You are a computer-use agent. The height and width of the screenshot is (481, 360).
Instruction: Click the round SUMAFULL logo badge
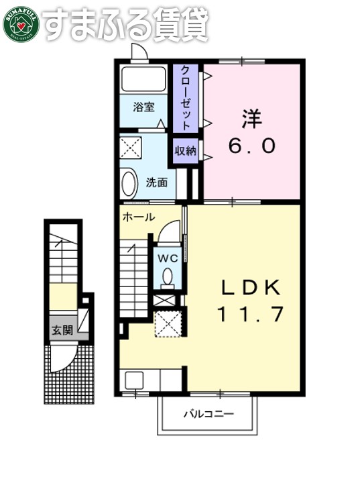tap(20, 23)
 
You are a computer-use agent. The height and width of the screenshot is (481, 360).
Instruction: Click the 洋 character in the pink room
tap(251, 119)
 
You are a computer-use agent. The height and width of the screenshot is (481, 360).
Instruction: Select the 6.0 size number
tap(251, 146)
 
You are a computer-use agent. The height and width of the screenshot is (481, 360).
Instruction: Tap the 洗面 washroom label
tap(156, 182)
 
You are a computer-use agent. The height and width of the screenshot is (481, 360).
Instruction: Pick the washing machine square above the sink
tap(130, 146)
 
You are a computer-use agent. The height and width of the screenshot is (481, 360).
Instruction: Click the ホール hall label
tap(139, 217)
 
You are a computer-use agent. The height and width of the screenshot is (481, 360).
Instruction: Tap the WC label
tap(168, 257)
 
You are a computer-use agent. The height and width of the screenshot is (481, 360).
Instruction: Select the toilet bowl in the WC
tap(168, 276)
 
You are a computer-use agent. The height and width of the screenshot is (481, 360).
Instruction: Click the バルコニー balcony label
tap(209, 414)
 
